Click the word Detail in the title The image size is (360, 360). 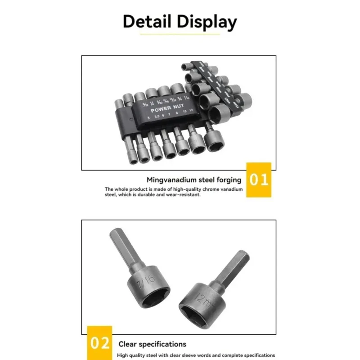pos(147,22)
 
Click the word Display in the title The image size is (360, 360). pos(207,22)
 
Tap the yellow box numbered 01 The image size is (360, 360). pos(259,180)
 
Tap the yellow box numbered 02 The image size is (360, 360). pos(99,343)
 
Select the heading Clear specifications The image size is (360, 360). pos(152,344)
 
